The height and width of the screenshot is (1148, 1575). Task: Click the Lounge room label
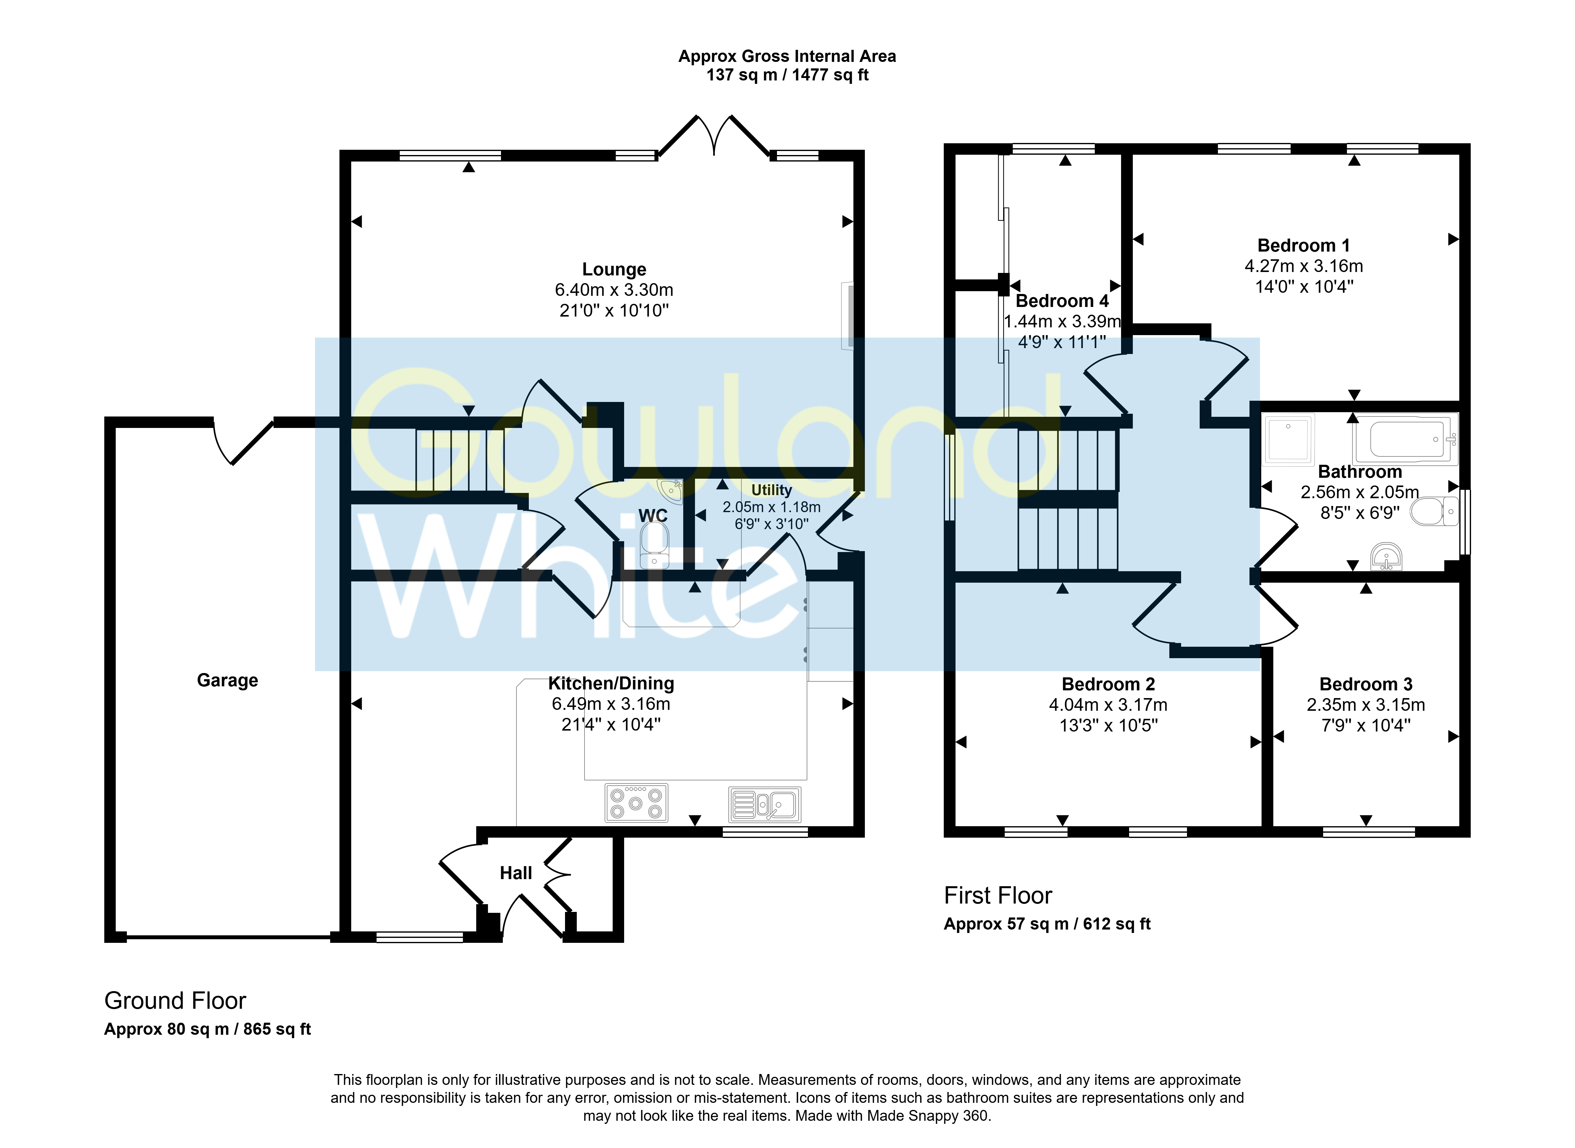tap(614, 270)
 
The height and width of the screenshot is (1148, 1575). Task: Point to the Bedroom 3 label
tap(1366, 684)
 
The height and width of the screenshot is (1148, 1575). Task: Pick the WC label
tap(653, 516)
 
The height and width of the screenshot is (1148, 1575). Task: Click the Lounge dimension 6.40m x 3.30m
tap(614, 290)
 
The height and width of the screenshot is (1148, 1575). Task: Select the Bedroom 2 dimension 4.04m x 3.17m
tap(1108, 705)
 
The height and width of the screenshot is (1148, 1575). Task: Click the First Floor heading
tap(998, 896)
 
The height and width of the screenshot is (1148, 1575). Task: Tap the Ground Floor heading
tap(175, 1001)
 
